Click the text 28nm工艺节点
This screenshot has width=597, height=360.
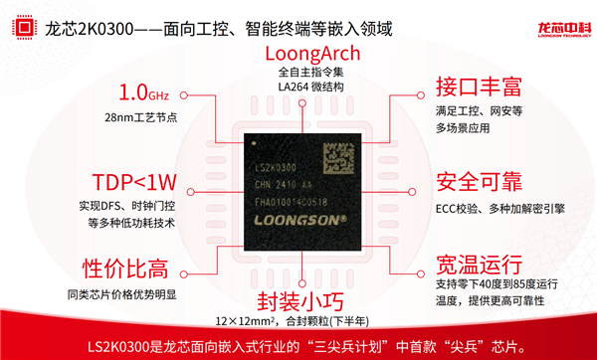tap(146, 119)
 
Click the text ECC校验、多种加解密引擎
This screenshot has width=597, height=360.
tap(499, 210)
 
